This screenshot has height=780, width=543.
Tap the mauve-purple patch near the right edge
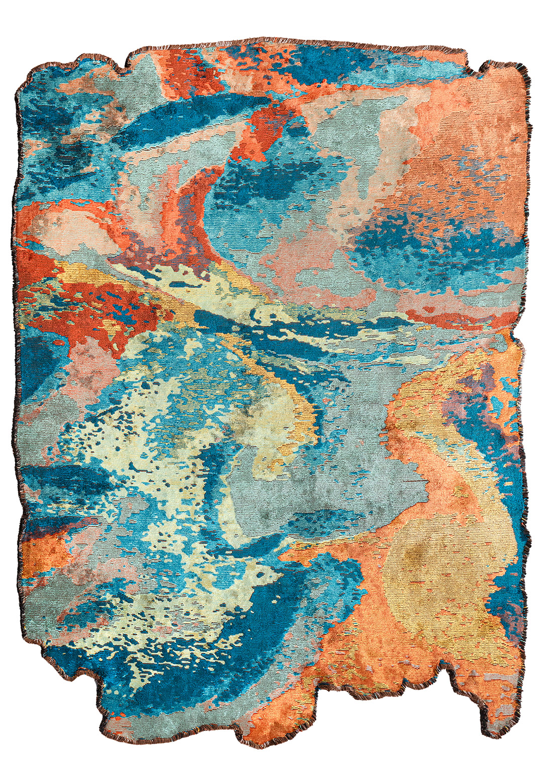click(483, 382)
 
